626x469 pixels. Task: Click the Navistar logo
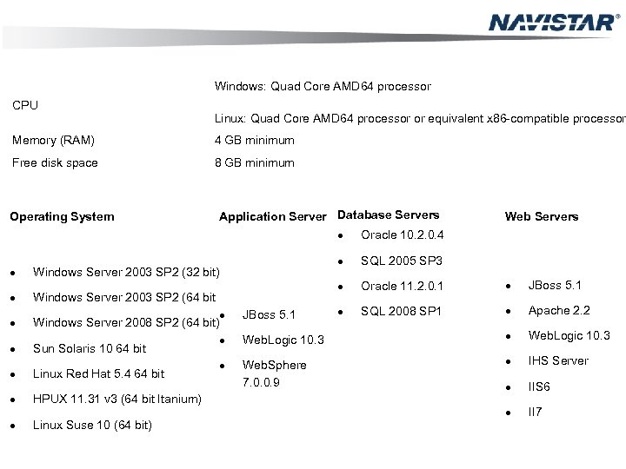click(553, 22)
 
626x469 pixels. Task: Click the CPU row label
click(24, 106)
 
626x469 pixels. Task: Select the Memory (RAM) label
click(53, 140)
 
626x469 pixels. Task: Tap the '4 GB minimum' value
click(255, 140)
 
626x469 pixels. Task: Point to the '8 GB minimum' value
click(255, 162)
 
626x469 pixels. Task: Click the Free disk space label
click(54, 162)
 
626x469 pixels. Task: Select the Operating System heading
click(62, 216)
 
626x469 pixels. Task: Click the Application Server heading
click(272, 216)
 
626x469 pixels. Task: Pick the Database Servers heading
click(388, 215)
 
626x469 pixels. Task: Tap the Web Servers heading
click(542, 216)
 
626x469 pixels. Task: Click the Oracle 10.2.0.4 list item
click(403, 234)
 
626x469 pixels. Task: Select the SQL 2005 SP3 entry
click(402, 261)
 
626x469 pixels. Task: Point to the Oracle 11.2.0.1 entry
click(403, 287)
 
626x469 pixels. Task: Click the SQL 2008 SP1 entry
click(402, 311)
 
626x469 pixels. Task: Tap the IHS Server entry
click(559, 360)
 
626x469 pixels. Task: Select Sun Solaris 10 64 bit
click(89, 349)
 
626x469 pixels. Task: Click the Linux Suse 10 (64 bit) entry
click(92, 425)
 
